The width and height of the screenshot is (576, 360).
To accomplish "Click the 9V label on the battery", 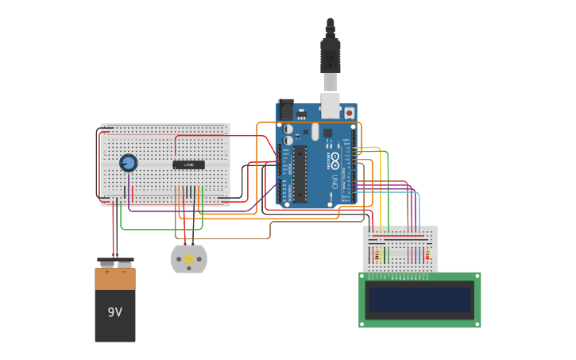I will (115, 312).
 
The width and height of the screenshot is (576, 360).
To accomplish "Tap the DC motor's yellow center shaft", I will (189, 259).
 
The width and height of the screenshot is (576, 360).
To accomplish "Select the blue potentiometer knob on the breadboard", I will (128, 163).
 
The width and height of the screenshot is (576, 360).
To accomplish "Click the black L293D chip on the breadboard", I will (188, 165).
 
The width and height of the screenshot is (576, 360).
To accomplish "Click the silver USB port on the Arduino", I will (331, 105).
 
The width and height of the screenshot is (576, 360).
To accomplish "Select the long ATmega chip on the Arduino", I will (300, 174).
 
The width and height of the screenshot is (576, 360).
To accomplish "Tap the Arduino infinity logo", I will (335, 160).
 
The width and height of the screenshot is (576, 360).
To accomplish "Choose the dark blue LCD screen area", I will (419, 300).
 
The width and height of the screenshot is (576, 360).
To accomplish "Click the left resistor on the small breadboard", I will (377, 255).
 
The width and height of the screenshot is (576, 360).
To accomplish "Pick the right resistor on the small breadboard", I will (427, 255).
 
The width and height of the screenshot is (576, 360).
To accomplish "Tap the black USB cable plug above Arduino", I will (330, 56).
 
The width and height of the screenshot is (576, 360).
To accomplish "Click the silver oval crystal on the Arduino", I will (315, 131).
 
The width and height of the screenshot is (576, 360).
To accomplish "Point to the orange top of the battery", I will (115, 279).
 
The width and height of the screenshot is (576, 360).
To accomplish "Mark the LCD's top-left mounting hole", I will (363, 277).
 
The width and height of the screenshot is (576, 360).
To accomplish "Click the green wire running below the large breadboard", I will (159, 229).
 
